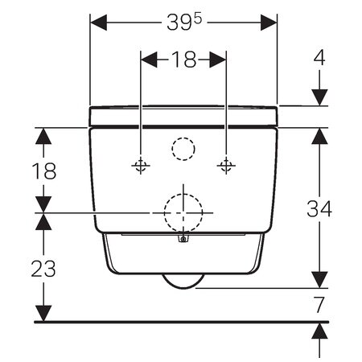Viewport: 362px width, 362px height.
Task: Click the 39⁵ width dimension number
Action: [x=184, y=22]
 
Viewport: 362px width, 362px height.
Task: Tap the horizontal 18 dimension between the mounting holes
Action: [x=184, y=60]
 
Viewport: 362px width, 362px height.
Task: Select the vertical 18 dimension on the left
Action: [x=44, y=171]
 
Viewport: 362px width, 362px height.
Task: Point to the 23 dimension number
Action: [x=43, y=269]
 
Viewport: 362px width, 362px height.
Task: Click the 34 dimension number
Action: [x=319, y=208]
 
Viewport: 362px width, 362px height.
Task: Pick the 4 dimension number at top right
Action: [x=319, y=57]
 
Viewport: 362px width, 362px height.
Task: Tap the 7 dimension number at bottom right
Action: [x=319, y=305]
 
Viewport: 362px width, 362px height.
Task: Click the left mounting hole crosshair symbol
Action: [x=141, y=166]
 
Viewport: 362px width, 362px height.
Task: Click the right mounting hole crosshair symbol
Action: [x=226, y=166]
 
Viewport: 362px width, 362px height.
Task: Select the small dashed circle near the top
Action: [x=183, y=138]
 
